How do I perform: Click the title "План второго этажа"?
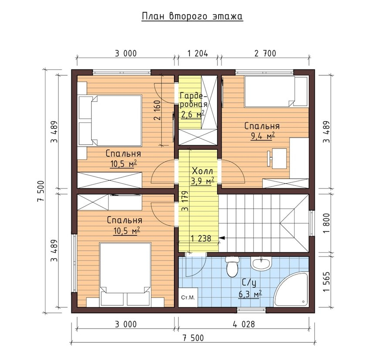[x=192, y=17]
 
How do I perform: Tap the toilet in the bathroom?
[x=232, y=266]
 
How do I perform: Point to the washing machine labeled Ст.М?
[x=188, y=298]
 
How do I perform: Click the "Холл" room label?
[x=202, y=171]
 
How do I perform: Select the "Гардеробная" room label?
[x=193, y=100]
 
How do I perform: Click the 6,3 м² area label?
[x=250, y=295]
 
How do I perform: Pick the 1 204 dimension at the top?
[x=198, y=53]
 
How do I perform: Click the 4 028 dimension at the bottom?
[x=244, y=324]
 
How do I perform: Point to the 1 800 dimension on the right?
[x=327, y=223]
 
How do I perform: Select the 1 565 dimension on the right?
[x=327, y=282]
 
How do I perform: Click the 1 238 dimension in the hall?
[x=201, y=238]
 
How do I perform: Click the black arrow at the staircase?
[x=222, y=237]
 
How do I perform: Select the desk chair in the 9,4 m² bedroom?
[x=269, y=158]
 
